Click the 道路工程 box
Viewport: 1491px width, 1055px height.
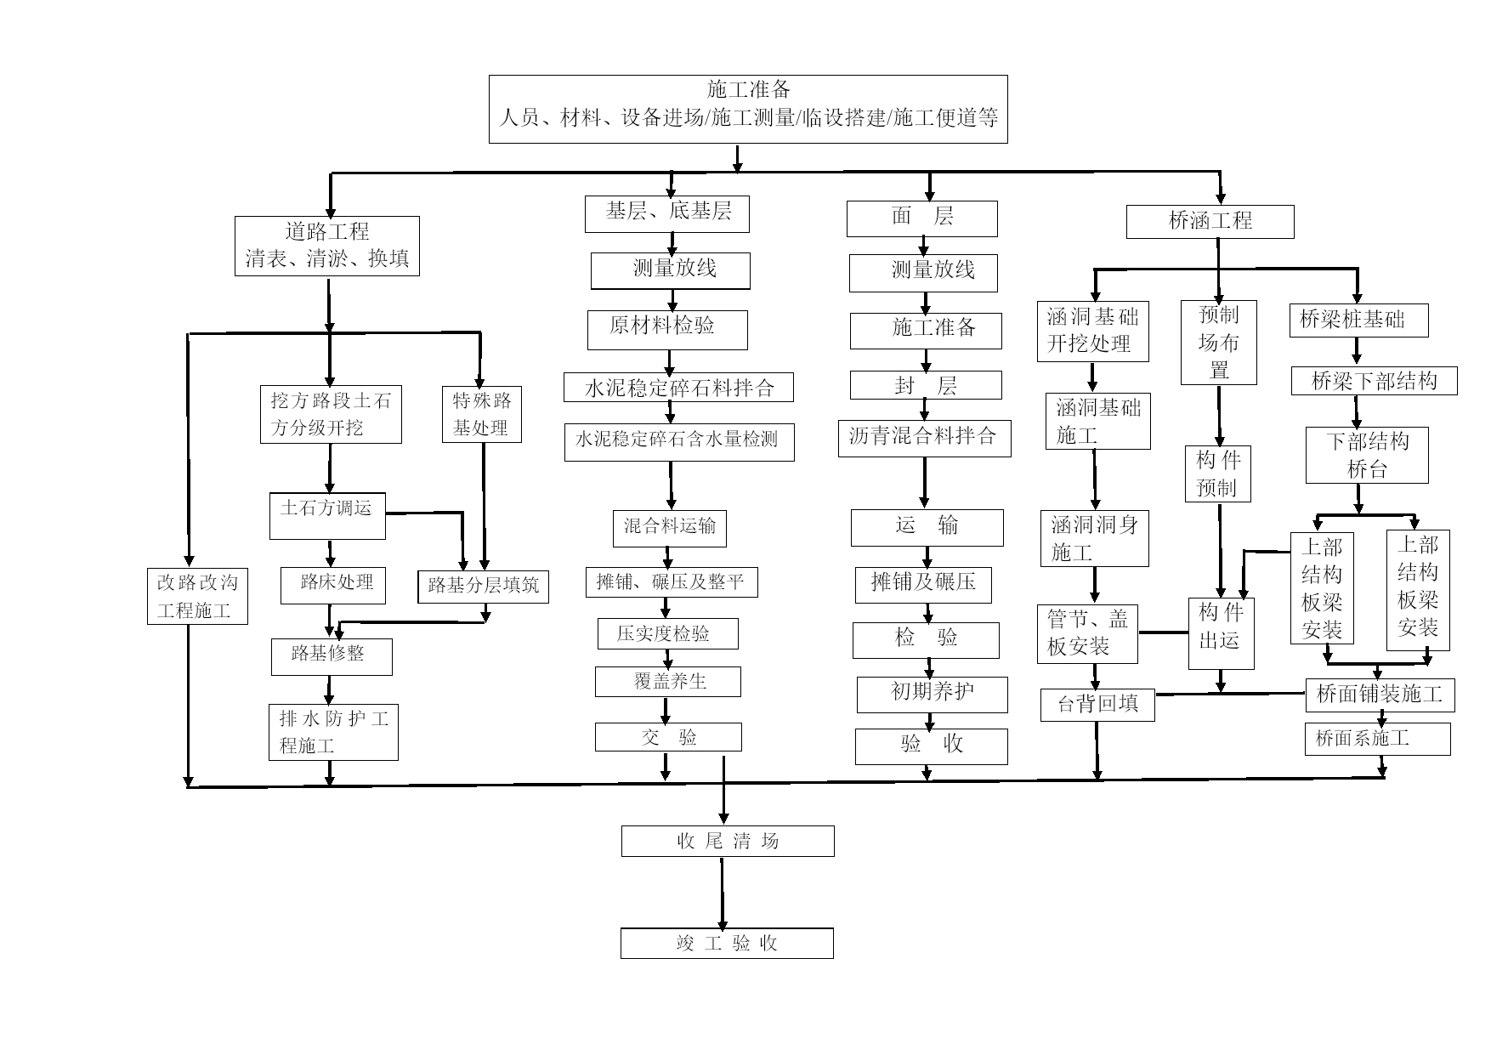[x=327, y=246]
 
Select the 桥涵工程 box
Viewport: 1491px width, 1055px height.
[x=1210, y=222]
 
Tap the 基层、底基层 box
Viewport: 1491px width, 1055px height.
[x=667, y=214]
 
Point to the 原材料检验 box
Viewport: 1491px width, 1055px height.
[x=667, y=330]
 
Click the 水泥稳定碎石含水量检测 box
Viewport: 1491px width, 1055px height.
[x=679, y=442]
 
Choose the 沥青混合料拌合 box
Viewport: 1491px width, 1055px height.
[x=925, y=439]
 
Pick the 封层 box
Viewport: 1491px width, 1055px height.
[x=926, y=385]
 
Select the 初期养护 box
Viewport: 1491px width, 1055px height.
[x=933, y=695]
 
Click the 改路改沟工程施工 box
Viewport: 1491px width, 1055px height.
[x=197, y=597]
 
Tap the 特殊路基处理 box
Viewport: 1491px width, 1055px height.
[x=482, y=415]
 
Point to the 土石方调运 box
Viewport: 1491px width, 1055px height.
[x=327, y=516]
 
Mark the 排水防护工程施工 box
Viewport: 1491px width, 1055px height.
[x=333, y=732]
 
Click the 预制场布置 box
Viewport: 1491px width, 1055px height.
[x=1219, y=343]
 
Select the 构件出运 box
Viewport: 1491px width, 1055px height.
[x=1221, y=633]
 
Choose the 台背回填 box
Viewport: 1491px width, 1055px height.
[x=1097, y=706]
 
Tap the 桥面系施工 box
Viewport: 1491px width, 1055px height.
[x=1377, y=740]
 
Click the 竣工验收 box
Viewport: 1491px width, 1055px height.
[x=727, y=944]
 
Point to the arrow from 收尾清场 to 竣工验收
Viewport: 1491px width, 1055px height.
[x=723, y=893]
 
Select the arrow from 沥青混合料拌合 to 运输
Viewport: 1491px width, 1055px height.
[x=924, y=484]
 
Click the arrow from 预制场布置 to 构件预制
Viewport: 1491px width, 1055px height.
[x=1219, y=416]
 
